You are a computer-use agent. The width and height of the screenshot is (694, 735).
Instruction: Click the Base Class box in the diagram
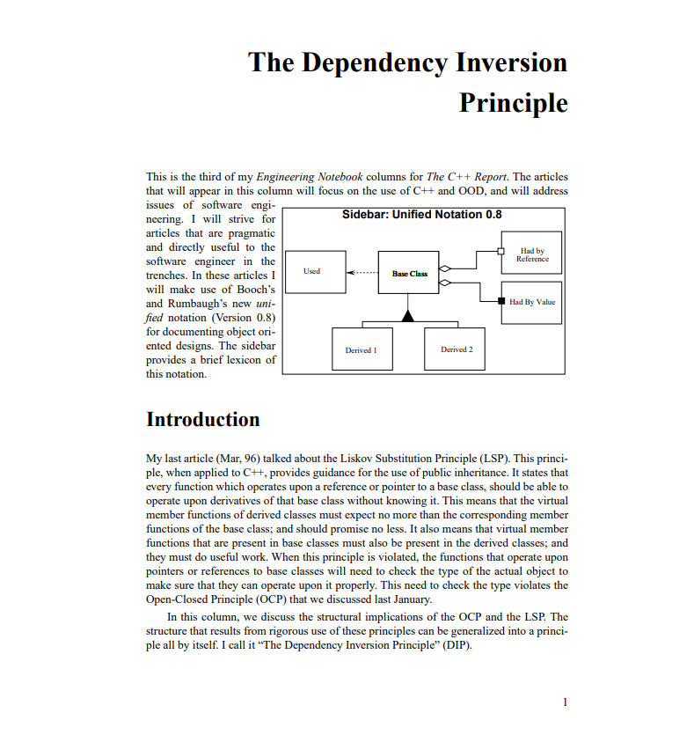pos(409,274)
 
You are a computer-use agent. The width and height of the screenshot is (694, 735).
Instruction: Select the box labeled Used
pos(312,272)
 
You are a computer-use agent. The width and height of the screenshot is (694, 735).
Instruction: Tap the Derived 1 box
pos(362,349)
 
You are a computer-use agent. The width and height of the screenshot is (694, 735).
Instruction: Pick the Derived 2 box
pos(457,349)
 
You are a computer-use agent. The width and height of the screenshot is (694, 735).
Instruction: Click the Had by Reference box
pos(531,255)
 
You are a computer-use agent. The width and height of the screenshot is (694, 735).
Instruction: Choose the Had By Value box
pos(531,303)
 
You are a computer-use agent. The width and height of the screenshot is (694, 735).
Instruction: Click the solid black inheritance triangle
pos(408,315)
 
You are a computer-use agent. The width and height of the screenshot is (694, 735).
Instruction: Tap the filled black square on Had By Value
pos(501,302)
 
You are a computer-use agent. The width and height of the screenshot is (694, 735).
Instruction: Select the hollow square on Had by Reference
pos(500,251)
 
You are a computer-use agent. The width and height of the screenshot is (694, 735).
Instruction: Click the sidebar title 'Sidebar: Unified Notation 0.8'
pos(421,215)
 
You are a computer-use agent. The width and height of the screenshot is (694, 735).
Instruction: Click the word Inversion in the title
pos(511,63)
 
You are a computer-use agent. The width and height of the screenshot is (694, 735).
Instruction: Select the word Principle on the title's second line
pos(513,103)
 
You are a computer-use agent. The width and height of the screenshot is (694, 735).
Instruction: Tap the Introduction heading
pos(202,419)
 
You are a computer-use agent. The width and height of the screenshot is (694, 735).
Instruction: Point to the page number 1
pos(565,702)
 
